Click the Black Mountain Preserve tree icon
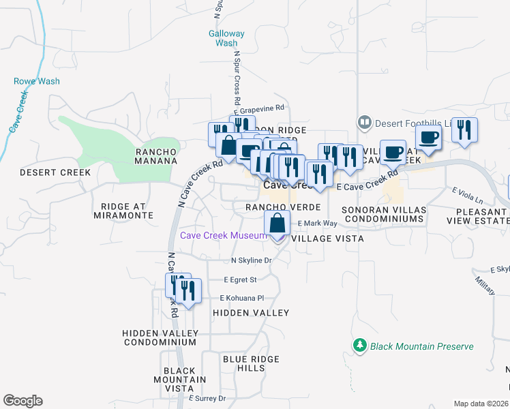point(360,346)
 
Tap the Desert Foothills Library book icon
point(365,123)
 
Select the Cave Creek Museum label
point(222,236)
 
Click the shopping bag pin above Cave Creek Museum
point(277,223)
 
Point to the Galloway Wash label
point(226,37)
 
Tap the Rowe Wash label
point(37,81)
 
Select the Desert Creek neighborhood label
point(55,172)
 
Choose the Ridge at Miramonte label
point(127,211)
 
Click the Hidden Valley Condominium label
point(160,337)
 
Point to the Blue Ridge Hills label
point(243,363)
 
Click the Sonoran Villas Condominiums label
point(384,214)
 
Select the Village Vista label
point(327,239)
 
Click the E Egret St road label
point(240,279)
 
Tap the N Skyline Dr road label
point(252,260)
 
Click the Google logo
point(22,401)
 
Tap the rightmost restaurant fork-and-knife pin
point(464,130)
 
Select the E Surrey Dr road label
point(207,398)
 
